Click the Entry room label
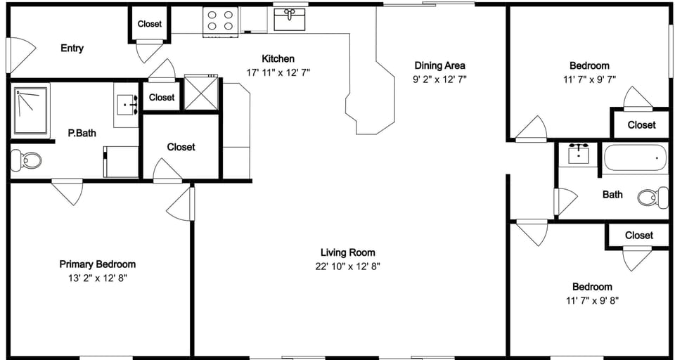tap(72, 48)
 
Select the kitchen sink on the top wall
tap(289, 19)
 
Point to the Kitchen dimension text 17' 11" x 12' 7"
tap(278, 72)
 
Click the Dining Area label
tap(439, 65)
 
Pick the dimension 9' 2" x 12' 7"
tap(439, 79)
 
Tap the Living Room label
tap(347, 252)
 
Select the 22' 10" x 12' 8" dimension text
tap(347, 266)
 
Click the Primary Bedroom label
tap(97, 264)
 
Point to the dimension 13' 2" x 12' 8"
tap(97, 278)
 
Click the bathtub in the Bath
tap(636, 158)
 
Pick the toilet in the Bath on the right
tap(654, 197)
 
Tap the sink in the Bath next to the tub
tap(578, 154)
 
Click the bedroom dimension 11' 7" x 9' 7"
tap(589, 79)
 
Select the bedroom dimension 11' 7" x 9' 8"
tap(591, 300)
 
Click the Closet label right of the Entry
tap(149, 24)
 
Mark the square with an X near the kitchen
tap(201, 93)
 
